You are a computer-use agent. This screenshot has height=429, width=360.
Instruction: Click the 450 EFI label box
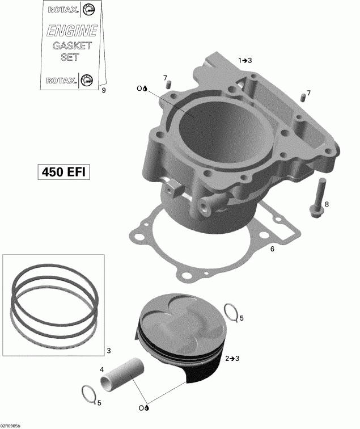62,172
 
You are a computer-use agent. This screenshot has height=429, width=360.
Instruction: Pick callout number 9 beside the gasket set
103,90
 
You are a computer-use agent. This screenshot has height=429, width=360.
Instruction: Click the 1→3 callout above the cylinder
245,60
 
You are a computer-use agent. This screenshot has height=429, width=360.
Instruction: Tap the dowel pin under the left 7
168,85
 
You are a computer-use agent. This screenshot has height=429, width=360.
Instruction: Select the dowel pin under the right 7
303,100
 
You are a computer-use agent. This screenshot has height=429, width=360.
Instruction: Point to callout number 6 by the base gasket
272,249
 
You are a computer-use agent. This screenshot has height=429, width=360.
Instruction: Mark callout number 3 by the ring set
108,350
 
